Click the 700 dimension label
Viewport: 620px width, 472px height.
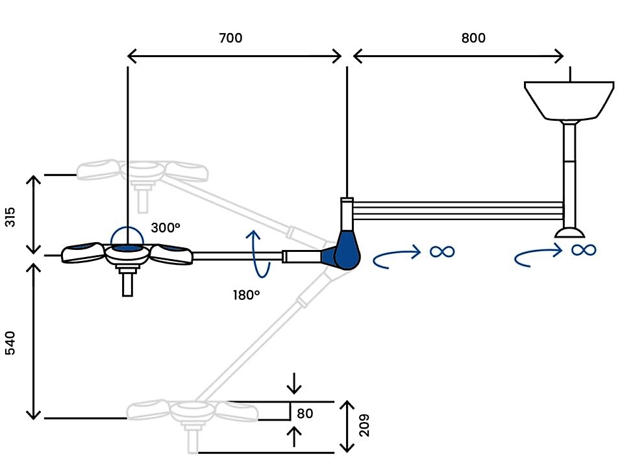point(230,38)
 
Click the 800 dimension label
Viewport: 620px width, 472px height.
point(473,38)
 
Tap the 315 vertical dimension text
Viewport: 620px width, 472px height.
point(10,217)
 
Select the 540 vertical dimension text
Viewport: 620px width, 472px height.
point(10,343)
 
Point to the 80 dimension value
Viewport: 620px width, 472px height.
point(305,414)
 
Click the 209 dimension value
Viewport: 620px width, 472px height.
point(364,425)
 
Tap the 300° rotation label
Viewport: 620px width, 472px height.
point(166,228)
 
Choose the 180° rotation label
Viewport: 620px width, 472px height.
point(246,295)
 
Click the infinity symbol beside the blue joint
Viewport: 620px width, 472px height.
point(443,251)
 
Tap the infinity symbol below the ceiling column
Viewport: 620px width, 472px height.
point(583,250)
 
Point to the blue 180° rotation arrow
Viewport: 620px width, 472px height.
point(257,254)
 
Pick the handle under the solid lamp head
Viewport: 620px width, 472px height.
point(127,281)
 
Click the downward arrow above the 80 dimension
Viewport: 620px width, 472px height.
point(294,384)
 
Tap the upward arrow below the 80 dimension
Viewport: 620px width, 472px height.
point(294,437)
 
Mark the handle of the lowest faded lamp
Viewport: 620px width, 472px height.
point(192,439)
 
